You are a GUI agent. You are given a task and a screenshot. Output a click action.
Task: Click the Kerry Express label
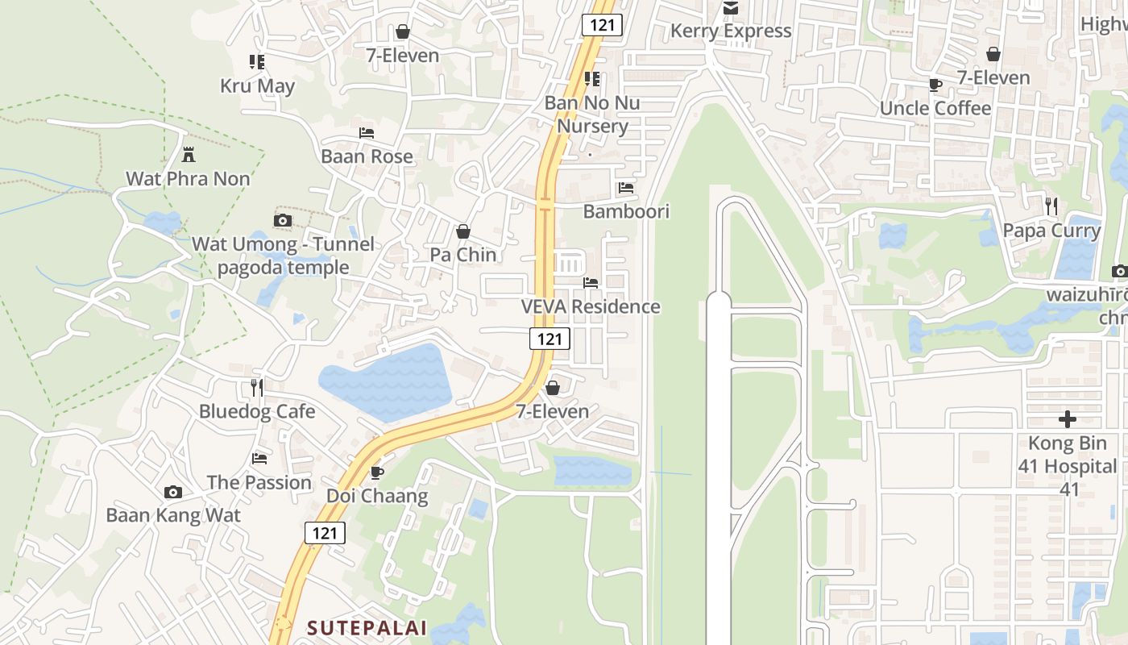coord(731,31)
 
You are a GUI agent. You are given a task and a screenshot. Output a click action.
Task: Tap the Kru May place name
coord(257,86)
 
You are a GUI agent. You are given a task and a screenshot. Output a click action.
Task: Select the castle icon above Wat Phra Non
coord(189,154)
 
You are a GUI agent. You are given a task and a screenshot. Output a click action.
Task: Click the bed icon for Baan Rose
coord(367,132)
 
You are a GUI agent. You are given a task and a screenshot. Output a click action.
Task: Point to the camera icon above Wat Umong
coord(283,220)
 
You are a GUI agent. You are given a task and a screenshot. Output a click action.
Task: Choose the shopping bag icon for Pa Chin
coord(463,232)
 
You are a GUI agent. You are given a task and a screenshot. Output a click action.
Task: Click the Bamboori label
coord(626,211)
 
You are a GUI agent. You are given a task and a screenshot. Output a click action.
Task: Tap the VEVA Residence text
coord(591,307)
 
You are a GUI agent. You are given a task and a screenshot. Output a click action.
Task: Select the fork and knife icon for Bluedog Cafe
coord(256,388)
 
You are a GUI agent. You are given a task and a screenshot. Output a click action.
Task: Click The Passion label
coord(259,483)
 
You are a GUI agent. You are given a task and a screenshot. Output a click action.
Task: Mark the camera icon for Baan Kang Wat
coord(172,492)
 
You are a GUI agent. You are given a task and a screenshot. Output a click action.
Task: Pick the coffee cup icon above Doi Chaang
coord(376,472)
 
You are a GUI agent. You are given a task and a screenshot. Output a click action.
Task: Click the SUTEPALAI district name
coord(367,628)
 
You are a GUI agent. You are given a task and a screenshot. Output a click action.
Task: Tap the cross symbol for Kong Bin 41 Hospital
coord(1068,419)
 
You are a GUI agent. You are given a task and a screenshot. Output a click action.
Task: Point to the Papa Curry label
coord(1051,231)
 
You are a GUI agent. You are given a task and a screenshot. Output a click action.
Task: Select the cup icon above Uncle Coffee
coord(935,85)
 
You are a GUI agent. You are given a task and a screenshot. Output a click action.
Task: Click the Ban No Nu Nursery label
coord(592,114)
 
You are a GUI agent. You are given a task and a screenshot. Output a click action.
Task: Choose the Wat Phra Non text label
coord(188,179)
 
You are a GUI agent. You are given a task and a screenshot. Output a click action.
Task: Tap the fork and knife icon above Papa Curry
coord(1051,206)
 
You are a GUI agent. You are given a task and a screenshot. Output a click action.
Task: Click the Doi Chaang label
coord(377,496)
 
